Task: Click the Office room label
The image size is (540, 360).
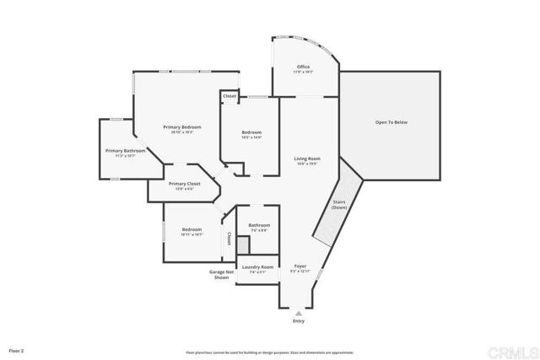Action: coord(303,67)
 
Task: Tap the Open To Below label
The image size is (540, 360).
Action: coord(391,122)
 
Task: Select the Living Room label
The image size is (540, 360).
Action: coord(307,159)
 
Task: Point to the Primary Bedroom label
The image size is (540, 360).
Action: coord(182,126)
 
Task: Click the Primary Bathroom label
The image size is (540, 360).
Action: coord(126,151)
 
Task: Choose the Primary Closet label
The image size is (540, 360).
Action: coord(184,184)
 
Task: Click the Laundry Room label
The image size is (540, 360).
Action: coord(258,267)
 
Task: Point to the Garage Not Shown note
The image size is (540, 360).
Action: coord(221,275)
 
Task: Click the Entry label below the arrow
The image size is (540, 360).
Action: coord(299,321)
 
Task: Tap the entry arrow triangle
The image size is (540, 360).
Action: coord(299,311)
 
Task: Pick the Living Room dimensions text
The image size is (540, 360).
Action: coord(307,164)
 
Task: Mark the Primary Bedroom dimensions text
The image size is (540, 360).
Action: coord(182,132)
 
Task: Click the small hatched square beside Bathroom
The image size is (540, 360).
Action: coord(243,244)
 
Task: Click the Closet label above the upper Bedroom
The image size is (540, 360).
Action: coord(229,96)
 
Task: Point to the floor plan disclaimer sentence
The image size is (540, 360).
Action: coord(270,352)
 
